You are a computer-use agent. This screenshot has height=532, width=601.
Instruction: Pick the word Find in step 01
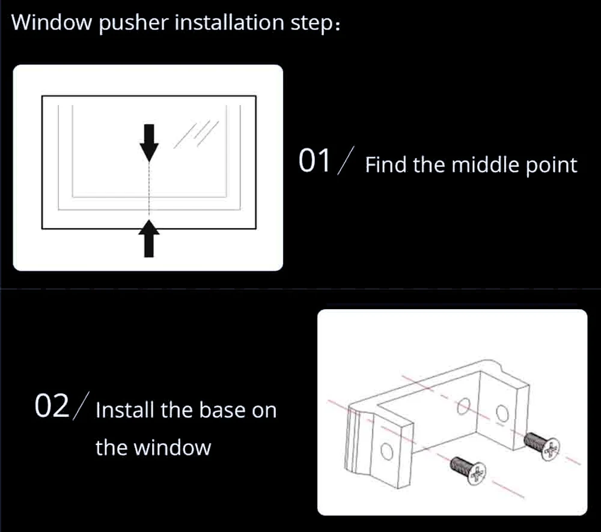(x=386, y=165)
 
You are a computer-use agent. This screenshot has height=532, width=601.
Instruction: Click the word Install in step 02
(x=125, y=411)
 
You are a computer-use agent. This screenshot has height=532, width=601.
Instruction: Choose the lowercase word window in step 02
(x=172, y=448)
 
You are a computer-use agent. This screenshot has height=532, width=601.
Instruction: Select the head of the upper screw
(x=550, y=449)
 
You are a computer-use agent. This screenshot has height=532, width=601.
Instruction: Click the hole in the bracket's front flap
(x=386, y=451)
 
